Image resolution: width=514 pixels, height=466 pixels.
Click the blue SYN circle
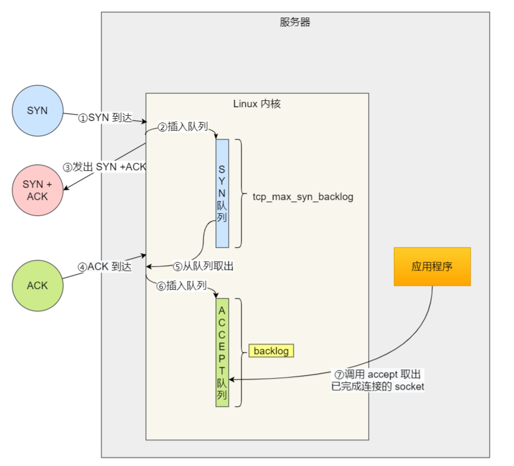tap(37, 111)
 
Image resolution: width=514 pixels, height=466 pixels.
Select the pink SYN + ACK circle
tap(37, 190)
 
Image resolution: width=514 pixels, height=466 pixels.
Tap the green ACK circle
tap(37, 285)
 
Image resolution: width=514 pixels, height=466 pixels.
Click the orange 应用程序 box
tap(432, 266)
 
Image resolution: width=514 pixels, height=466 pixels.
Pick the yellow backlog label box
tap(271, 350)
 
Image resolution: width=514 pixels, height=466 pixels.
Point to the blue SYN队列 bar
tap(222, 194)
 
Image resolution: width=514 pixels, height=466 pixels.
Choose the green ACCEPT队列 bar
tap(222, 353)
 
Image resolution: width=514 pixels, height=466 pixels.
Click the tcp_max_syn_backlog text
tap(303, 197)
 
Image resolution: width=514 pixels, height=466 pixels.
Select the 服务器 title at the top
tap(295, 22)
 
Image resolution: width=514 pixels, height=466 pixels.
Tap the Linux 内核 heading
tap(257, 103)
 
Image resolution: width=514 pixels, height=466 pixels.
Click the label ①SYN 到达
tap(105, 118)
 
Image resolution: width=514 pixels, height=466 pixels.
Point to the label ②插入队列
tap(182, 127)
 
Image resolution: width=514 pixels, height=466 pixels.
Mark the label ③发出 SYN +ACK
tap(104, 166)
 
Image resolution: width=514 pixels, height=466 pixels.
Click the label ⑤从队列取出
tap(203, 267)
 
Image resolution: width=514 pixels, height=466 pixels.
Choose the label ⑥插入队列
tap(181, 286)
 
